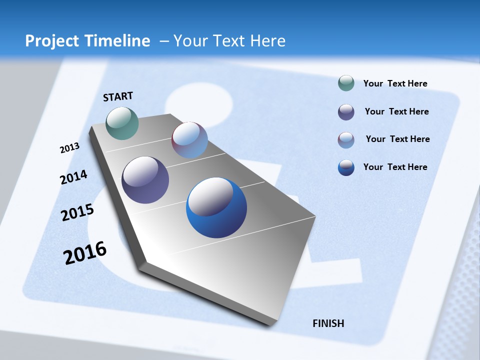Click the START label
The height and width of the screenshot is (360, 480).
[x=118, y=96]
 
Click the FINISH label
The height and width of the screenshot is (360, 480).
[x=328, y=323]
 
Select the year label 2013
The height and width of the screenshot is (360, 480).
[x=69, y=148]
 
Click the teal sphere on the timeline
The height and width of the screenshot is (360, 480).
[x=122, y=123]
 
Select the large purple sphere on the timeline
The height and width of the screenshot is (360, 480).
[x=145, y=180]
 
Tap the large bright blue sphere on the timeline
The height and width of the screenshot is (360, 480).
[x=216, y=207]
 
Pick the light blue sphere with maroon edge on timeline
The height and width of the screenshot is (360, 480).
[x=189, y=140]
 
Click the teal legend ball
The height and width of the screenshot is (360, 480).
[x=346, y=83]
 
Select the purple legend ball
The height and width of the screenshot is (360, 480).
[x=346, y=112]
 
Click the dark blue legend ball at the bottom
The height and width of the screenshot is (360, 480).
[x=346, y=167]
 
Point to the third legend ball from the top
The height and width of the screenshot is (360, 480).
[x=346, y=140]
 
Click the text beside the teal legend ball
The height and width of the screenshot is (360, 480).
[x=395, y=83]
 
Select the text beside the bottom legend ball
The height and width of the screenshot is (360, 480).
[x=395, y=167]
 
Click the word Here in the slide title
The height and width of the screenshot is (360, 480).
[x=267, y=41]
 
